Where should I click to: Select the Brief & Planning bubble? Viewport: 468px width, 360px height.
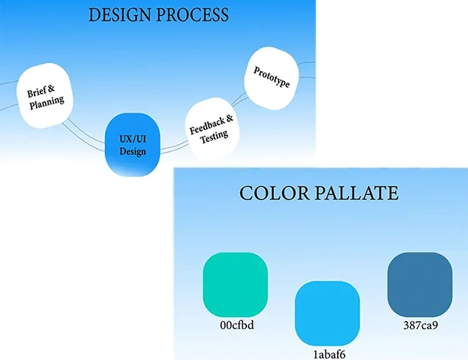pos(45,96)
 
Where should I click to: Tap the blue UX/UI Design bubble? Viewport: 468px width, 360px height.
pos(132,145)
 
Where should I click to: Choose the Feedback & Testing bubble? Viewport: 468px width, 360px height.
pos(212,127)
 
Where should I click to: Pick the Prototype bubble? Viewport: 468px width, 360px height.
pos(271,78)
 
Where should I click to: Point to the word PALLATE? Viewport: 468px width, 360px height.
pos(356,193)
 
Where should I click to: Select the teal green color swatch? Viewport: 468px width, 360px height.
pos(235,284)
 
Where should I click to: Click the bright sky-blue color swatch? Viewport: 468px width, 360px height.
pos(328,313)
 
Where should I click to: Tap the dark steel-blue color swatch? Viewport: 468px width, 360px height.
pos(420,284)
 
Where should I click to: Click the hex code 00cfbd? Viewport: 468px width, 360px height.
pos(237,325)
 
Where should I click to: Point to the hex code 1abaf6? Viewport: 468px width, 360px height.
pos(329,354)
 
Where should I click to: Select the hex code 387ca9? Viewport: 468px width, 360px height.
pos(420,325)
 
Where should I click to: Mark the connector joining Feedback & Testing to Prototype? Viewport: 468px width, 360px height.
pos(238,99)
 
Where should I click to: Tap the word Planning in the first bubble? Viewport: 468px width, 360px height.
pos(47,102)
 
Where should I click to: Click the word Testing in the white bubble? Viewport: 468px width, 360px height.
pos(215,136)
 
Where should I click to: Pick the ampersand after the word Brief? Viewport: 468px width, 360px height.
pos(51,89)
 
